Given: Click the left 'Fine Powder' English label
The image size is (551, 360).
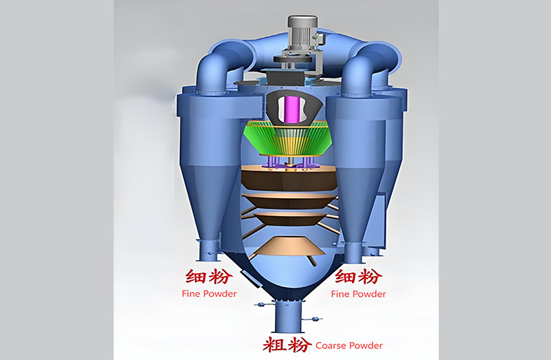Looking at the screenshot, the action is tap(209, 294).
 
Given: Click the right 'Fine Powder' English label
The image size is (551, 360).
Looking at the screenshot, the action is tap(358, 294).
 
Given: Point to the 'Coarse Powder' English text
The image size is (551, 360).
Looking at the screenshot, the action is tap(349, 346).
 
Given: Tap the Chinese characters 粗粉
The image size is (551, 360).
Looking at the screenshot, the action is tap(287, 345).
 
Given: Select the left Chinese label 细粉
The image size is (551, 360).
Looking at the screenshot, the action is tap(209, 277).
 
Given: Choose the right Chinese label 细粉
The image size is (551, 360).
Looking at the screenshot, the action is tap(358, 277).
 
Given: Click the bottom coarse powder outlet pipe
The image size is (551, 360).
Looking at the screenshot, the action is tap(288, 316).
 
